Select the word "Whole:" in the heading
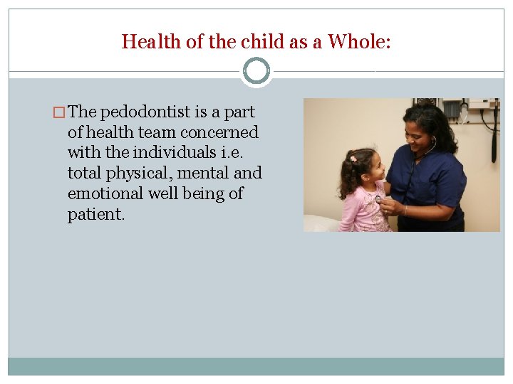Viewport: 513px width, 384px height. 359,42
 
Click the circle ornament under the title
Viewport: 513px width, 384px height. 256,71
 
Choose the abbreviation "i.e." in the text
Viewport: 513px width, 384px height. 242,152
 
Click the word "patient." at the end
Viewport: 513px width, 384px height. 96,214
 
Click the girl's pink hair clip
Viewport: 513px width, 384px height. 353,158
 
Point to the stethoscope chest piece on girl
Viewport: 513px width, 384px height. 378,198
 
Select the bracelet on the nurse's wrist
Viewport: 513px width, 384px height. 405,210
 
